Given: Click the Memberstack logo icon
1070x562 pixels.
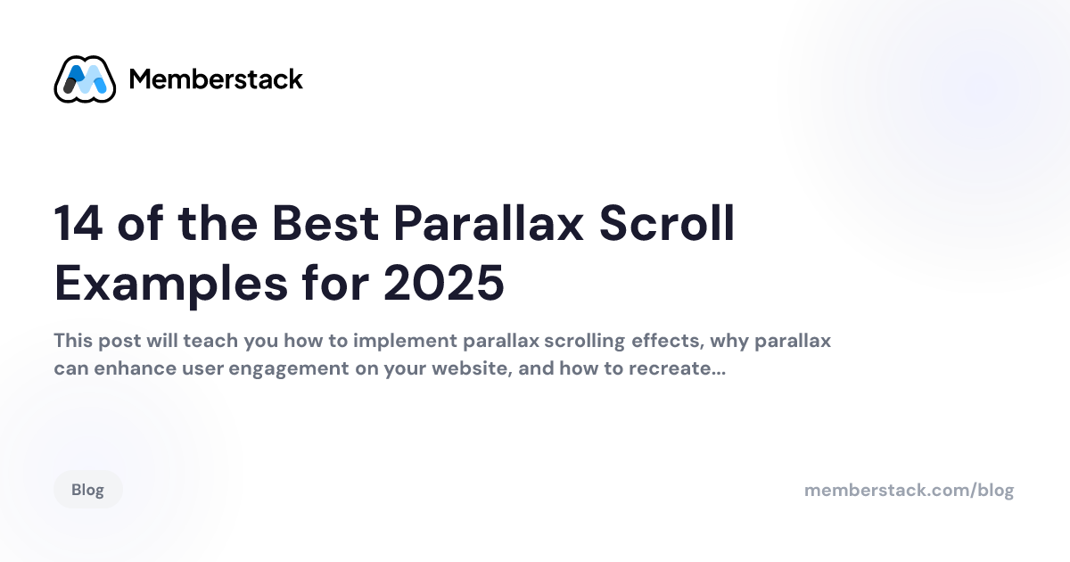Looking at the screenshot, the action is coord(85,79).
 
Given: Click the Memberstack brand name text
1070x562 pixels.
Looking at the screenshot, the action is coord(216,79).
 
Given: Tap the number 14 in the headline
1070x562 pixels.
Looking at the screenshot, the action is coord(78,223).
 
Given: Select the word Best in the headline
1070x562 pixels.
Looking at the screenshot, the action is coord(325,223).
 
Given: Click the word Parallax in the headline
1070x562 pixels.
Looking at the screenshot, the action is coord(489,223).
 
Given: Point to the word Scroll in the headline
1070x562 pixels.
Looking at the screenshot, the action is coord(666,223).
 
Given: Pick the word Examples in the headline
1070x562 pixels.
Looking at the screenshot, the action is coord(171,285).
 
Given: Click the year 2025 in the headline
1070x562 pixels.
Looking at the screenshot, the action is coord(444,284).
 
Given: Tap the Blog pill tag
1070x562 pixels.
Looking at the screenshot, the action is coord(88,490).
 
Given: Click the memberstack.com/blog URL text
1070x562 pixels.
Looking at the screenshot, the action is coord(909,490).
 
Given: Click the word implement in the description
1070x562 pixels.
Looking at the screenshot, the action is coord(405,342).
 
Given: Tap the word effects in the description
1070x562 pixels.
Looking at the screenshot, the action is coord(668,341).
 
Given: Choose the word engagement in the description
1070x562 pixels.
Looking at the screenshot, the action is coord(289,369).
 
